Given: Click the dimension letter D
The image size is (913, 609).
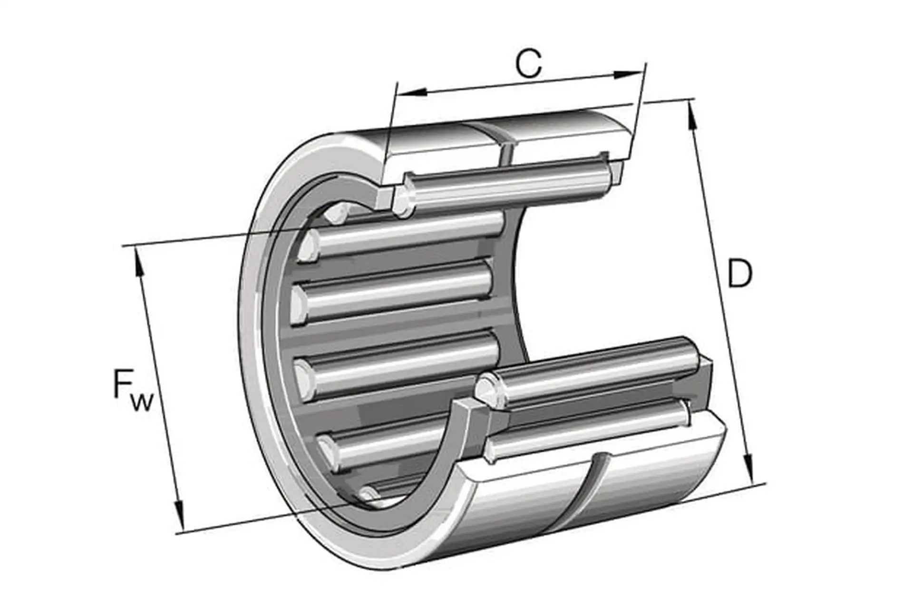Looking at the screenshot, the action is tap(739, 273).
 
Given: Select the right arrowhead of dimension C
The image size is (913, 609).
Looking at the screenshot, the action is tap(628, 75).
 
